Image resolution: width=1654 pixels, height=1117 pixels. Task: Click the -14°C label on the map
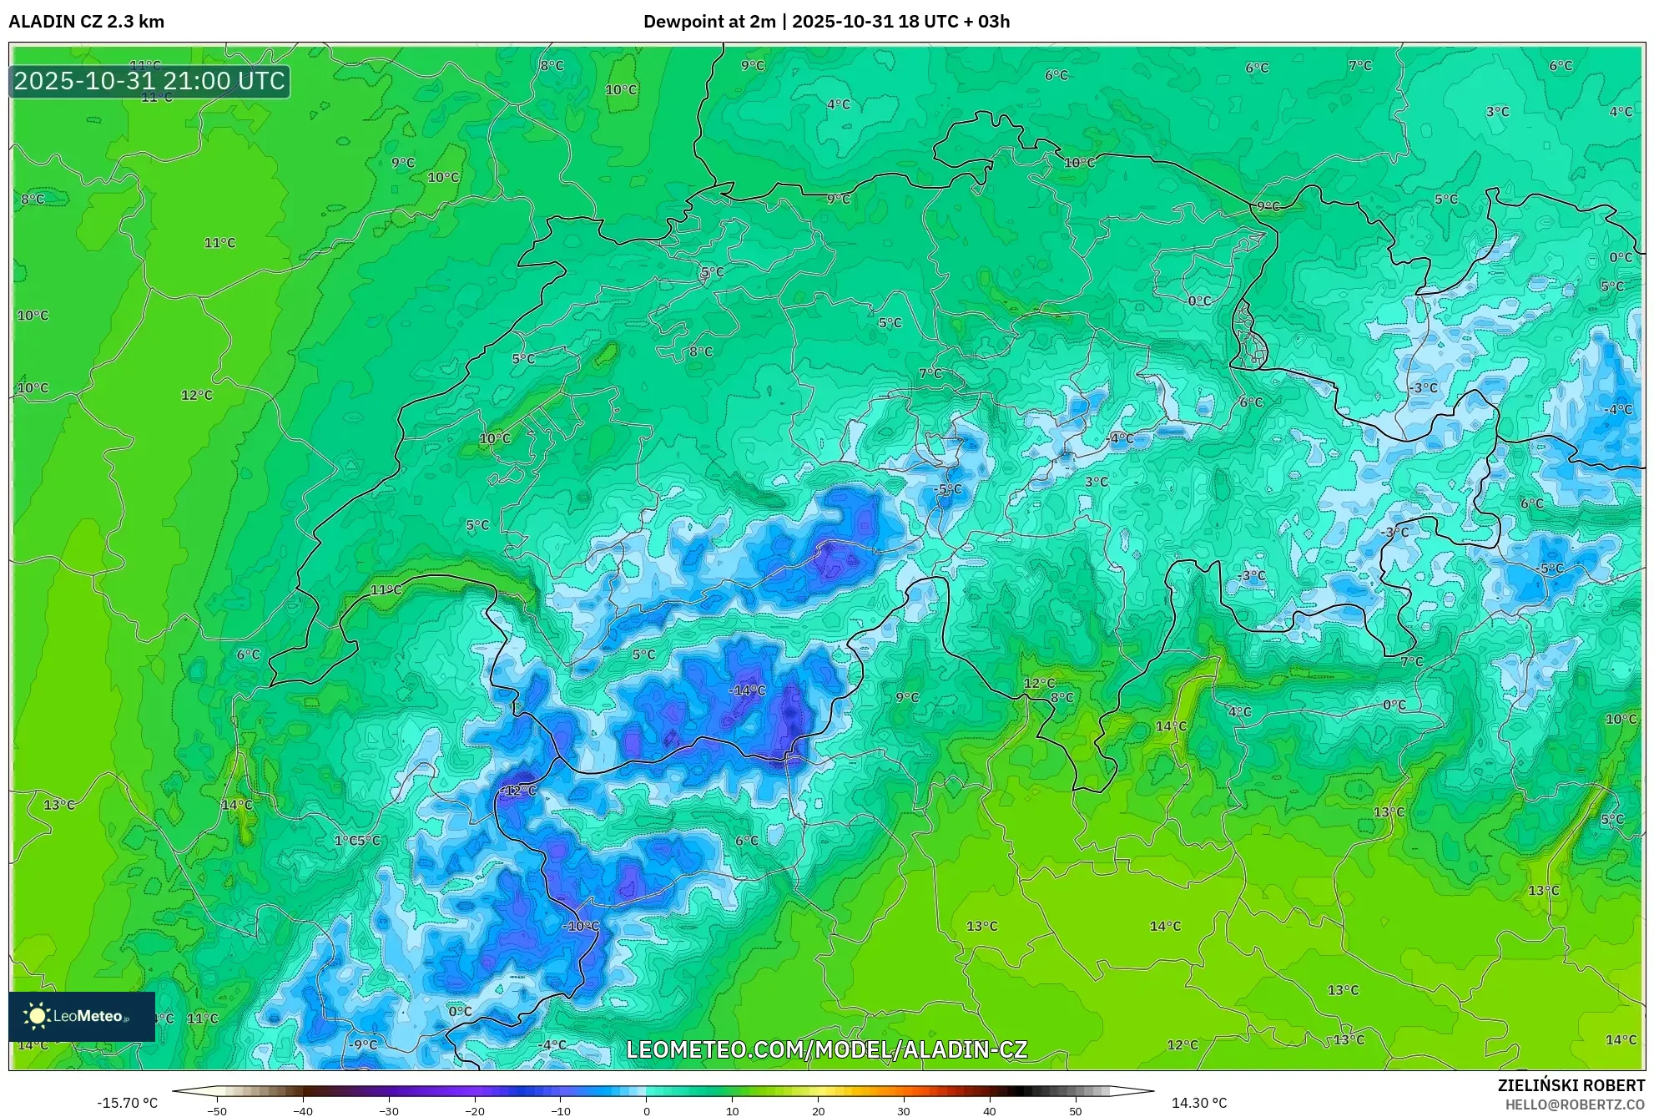[x=747, y=690]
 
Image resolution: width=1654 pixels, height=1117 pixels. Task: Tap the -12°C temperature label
[x=519, y=791]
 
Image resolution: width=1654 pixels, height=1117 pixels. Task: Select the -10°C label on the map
[x=581, y=926]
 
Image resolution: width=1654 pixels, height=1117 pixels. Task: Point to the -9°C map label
[x=363, y=1044]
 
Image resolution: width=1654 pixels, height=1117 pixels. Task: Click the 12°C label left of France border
[x=197, y=395]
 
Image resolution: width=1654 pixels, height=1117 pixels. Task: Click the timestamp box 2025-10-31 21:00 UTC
[x=149, y=81]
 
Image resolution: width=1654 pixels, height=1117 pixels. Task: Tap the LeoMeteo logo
[x=81, y=1016]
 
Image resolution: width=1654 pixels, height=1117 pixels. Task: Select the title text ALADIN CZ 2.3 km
[x=86, y=22]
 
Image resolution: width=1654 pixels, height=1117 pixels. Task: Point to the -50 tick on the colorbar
[x=217, y=1111]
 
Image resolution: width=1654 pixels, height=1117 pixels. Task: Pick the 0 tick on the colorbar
[x=646, y=1111]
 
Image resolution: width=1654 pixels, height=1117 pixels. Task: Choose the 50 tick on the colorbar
[x=1075, y=1111]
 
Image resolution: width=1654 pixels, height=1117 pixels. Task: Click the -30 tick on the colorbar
[x=389, y=1111]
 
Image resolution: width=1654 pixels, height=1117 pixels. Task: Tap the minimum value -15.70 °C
[x=127, y=1103]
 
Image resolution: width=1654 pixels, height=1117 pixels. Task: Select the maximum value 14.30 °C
[x=1199, y=1103]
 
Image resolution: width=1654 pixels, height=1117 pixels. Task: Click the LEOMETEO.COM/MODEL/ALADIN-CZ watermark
[x=826, y=1049]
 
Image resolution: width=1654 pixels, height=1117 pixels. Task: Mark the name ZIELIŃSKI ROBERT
[x=1571, y=1085]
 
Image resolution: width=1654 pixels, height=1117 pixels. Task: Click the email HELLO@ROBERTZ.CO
[x=1575, y=1104]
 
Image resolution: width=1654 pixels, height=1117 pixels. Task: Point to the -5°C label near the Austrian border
[x=1550, y=569]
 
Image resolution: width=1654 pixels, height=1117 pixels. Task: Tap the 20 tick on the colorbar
[x=818, y=1111]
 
